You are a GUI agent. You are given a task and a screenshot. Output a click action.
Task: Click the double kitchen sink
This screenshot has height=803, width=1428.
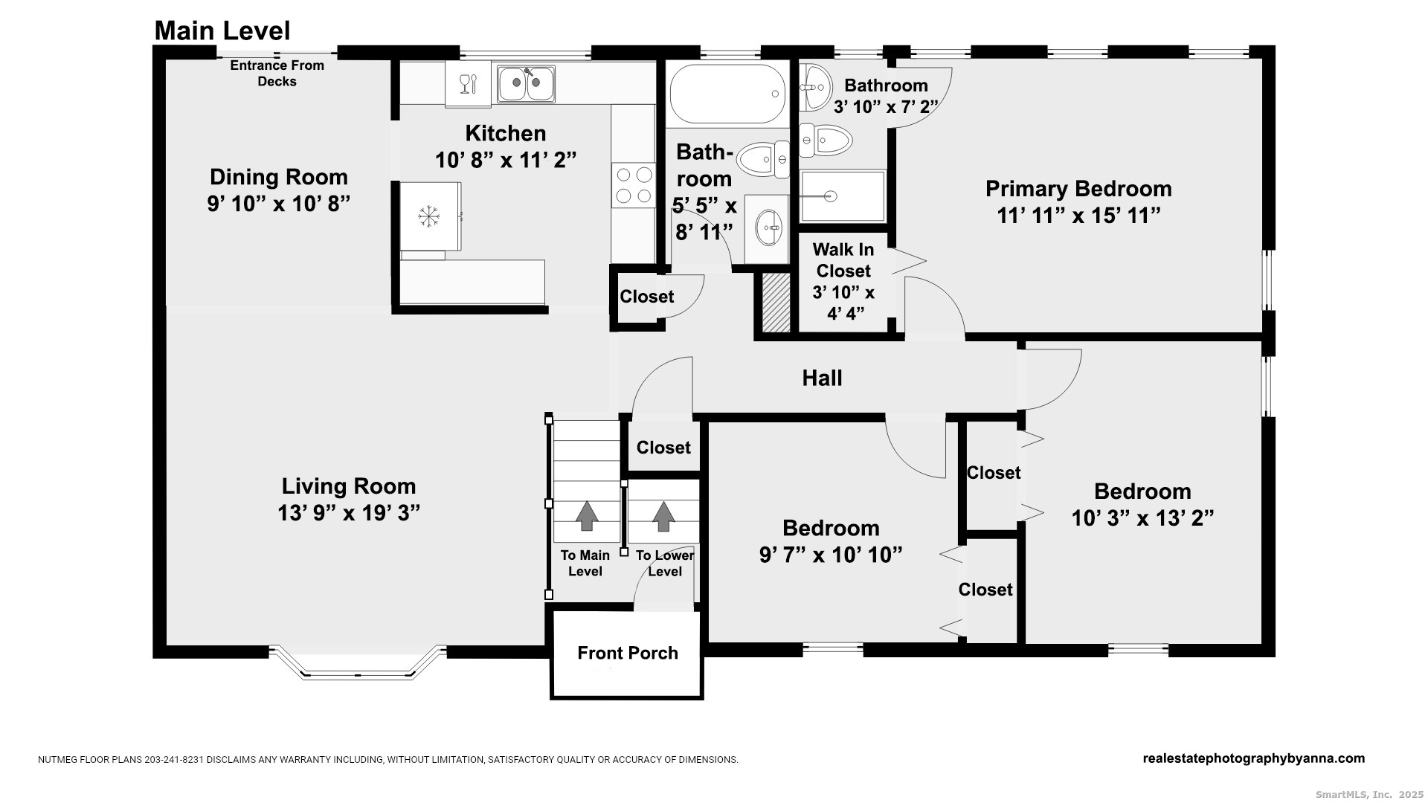[x=526, y=83]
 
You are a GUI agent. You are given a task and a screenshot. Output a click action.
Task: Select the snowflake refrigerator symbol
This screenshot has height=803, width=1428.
[x=428, y=217]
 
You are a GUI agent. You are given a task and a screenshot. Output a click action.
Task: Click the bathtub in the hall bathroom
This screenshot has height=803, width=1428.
[x=727, y=94]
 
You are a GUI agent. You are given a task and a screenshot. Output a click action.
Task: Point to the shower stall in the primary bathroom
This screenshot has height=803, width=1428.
[x=843, y=196]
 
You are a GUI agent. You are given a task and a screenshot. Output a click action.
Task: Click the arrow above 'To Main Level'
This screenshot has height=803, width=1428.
[x=587, y=515]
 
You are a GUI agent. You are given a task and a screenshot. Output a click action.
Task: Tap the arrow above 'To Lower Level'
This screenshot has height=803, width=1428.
[x=663, y=516]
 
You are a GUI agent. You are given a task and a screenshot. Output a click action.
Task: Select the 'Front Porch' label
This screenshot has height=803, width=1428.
[x=628, y=653]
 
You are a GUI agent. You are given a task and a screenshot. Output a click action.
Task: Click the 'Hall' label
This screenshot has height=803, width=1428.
[x=822, y=378]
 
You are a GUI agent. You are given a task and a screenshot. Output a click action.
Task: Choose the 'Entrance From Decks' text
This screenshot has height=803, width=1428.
[x=277, y=73]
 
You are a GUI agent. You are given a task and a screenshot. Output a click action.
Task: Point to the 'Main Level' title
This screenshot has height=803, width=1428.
[x=222, y=30]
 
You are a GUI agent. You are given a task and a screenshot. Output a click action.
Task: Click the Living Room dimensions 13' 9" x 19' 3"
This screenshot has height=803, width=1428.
[x=349, y=513]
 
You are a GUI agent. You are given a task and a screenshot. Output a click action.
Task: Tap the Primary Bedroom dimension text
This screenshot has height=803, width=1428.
[x=1078, y=215]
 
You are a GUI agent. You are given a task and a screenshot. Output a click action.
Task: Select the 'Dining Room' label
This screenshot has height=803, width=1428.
[x=279, y=177]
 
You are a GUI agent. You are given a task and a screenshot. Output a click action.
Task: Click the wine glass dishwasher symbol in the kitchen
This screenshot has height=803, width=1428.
[x=468, y=84]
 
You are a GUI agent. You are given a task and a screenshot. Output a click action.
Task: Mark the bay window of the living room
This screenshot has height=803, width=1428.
[x=357, y=664]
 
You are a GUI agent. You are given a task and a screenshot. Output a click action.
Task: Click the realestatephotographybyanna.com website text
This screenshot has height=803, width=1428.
[x=1253, y=758]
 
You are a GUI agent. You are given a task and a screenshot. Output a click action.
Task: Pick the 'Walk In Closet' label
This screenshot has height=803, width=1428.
[x=843, y=260]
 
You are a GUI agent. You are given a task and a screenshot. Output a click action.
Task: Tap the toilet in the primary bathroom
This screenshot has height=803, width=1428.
[x=826, y=139]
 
